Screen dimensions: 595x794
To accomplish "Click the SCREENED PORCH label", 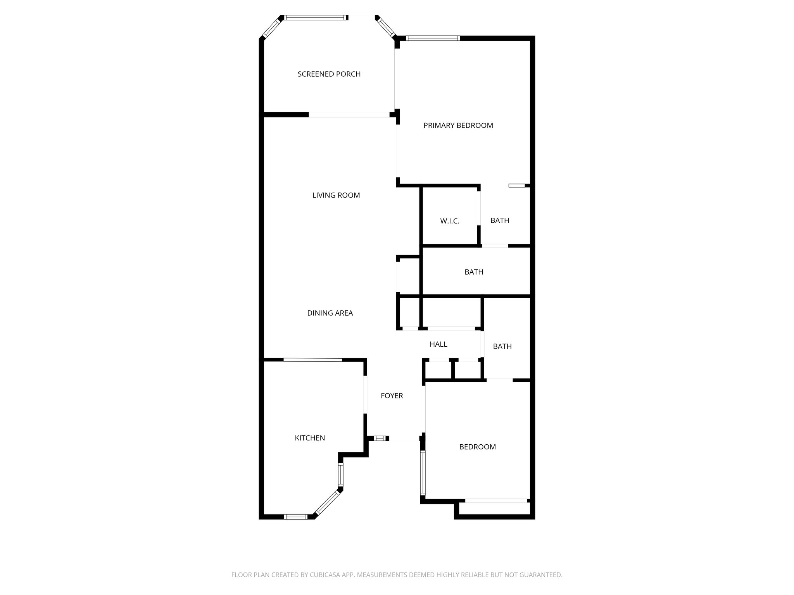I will [329, 74].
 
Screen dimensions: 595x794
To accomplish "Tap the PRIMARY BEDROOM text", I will [458, 126].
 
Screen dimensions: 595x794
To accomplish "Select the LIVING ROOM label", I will [336, 195].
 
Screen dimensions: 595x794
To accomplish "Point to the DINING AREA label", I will [330, 313].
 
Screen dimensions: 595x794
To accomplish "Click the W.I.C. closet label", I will [450, 221].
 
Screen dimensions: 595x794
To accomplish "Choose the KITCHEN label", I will [310, 438].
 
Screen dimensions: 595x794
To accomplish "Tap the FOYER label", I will [392, 396].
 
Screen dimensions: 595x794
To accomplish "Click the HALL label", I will [438, 344].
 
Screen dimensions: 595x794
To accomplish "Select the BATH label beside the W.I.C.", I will [499, 220].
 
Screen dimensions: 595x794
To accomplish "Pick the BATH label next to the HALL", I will [502, 346].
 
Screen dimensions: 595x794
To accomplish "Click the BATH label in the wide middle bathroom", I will [474, 272].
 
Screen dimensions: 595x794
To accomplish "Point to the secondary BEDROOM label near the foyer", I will [477, 447].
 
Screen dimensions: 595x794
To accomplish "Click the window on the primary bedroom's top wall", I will [432, 38].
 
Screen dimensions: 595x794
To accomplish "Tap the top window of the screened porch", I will [314, 17].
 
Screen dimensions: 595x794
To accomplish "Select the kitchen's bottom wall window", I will [296, 516].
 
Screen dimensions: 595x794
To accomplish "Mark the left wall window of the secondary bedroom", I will [423, 474].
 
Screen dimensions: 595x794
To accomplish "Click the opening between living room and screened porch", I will [349, 115].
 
